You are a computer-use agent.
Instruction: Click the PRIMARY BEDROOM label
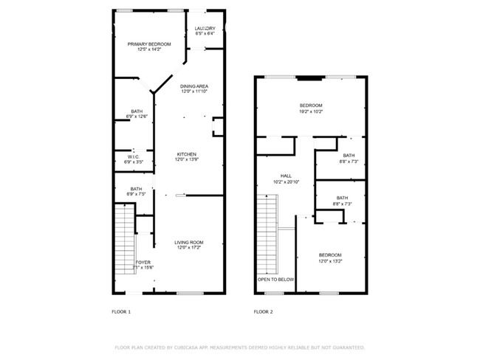(149, 44)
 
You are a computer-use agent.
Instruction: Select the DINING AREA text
(195, 86)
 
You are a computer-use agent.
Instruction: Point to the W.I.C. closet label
(134, 156)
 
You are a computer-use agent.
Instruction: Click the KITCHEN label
(185, 154)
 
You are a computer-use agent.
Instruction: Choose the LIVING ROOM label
(188, 243)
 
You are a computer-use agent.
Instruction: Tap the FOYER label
(143, 262)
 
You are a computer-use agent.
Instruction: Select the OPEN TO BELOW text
(275, 280)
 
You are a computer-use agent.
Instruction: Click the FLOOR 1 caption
(121, 312)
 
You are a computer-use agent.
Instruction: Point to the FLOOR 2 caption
(264, 312)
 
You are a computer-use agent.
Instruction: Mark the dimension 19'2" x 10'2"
(310, 111)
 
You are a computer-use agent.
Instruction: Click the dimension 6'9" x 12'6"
(137, 117)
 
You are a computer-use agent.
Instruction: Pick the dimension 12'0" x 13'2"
(330, 260)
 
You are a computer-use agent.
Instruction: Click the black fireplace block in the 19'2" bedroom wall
(310, 76)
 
